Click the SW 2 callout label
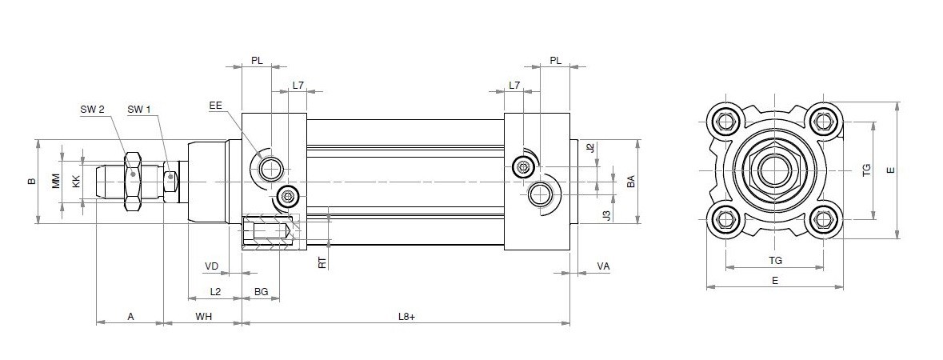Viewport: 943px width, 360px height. (92, 109)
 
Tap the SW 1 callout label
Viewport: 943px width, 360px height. (138, 109)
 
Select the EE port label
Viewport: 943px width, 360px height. (215, 106)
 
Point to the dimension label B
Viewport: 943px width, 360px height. (32, 182)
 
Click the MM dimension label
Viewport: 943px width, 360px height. (56, 182)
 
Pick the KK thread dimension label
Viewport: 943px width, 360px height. (76, 182)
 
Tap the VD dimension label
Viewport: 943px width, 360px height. (211, 266)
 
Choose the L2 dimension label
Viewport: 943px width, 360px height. (215, 292)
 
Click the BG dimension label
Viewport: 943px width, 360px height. (261, 292)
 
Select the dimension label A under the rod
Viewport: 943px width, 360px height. (130, 317)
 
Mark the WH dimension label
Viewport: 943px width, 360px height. (203, 317)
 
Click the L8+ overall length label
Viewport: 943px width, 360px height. (406, 317)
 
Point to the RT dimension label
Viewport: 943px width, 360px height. (322, 262)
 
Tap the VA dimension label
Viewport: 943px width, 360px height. (603, 266)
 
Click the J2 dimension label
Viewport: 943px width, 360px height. (589, 148)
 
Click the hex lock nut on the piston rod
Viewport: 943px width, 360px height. (133, 182)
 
